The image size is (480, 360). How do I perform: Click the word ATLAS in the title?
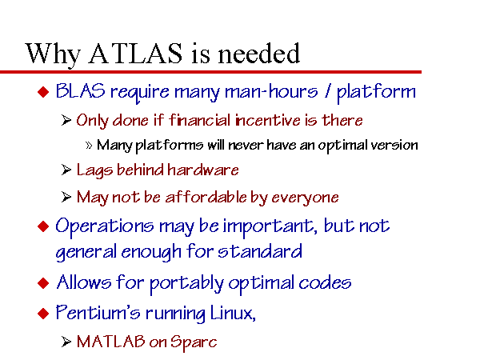[135, 54]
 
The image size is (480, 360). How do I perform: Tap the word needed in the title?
[259, 54]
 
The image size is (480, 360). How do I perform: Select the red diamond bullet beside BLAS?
[43, 92]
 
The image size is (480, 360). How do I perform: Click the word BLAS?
[80, 91]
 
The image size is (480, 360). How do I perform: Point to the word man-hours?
[271, 91]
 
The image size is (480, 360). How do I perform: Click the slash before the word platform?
[329, 91]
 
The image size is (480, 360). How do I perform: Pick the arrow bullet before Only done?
[66, 120]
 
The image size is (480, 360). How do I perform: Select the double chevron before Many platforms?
[89, 145]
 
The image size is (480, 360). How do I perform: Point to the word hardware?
[203, 170]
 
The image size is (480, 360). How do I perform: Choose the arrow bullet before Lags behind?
[66, 170]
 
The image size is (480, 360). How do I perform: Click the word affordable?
[206, 197]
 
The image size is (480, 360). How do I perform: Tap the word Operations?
[104, 226]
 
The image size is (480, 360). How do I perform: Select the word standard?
[260, 252]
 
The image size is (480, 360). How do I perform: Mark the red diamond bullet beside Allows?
[43, 283]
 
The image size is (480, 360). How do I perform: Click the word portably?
[186, 283]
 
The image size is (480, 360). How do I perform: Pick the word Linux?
[233, 313]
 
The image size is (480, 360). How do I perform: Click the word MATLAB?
[111, 342]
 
